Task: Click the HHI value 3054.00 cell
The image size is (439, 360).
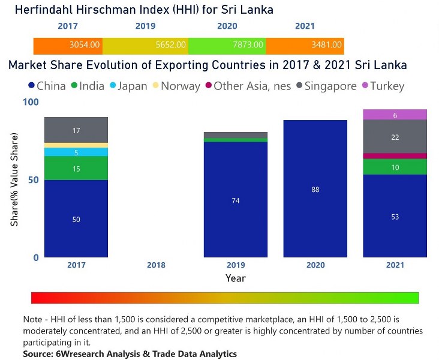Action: tap(68, 45)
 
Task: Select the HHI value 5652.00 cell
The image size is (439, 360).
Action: tap(145, 45)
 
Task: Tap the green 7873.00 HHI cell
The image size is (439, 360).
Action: tap(227, 45)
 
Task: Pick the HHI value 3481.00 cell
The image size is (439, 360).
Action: tap(305, 45)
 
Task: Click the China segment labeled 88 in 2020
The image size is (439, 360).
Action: tap(315, 189)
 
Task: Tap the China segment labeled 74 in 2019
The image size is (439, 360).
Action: tap(236, 200)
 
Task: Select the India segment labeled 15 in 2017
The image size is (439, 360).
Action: tap(76, 169)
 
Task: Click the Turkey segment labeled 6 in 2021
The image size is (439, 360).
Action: tap(395, 115)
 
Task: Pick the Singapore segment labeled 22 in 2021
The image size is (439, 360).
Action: tap(395, 137)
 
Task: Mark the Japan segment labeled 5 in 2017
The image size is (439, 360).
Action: tap(76, 152)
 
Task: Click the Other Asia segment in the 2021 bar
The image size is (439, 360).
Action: tap(395, 156)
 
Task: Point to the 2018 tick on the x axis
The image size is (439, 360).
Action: tap(156, 265)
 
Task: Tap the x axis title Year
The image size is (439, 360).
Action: tap(235, 278)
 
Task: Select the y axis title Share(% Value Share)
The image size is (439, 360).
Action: tap(14, 179)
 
